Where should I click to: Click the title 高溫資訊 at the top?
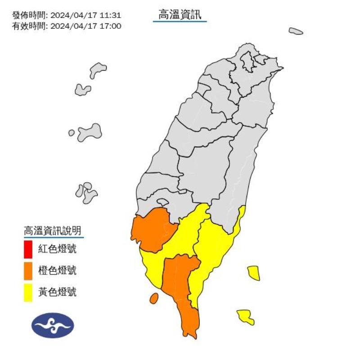pos(180,15)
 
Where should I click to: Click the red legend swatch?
pos(28,249)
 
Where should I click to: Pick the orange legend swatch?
pos(28,270)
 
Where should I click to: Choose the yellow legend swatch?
pos(28,292)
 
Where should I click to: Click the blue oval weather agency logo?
pos(53,325)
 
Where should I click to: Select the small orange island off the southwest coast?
pos(153,298)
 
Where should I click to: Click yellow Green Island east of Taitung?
pos(254,273)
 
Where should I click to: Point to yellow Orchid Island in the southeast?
pos(246,316)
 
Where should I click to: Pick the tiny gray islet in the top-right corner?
pos(296,31)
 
